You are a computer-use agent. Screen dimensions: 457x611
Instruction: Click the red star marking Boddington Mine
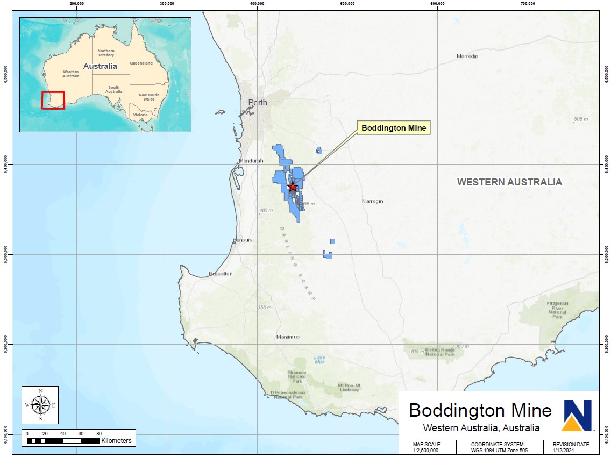click(292, 187)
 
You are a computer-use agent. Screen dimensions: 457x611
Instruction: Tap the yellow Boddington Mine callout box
click(394, 128)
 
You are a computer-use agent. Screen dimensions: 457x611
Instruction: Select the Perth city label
click(257, 102)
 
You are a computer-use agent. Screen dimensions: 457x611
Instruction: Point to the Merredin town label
click(467, 56)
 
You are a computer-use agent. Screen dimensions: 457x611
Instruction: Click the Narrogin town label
click(373, 201)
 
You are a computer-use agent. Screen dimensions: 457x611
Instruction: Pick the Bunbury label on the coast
click(242, 240)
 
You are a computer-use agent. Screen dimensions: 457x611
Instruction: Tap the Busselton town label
click(221, 274)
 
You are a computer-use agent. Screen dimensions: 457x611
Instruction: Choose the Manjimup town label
click(288, 337)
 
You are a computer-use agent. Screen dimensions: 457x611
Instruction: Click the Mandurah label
click(252, 161)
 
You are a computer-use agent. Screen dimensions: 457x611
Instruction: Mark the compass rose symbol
click(40, 404)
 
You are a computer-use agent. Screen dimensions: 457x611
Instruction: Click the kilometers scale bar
click(62, 440)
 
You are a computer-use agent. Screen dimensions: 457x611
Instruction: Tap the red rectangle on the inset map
click(53, 100)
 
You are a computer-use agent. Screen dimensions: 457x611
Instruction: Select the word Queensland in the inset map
click(141, 63)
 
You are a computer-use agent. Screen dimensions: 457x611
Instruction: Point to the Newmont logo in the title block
click(577, 415)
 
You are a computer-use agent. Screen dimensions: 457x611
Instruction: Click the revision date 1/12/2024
click(571, 451)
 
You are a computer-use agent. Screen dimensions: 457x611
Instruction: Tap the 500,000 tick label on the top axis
click(347, 4)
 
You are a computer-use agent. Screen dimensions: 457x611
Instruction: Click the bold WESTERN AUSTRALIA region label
click(509, 182)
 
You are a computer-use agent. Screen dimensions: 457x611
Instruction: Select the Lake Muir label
click(319, 360)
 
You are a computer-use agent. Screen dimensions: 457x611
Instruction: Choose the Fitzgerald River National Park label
click(557, 310)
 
